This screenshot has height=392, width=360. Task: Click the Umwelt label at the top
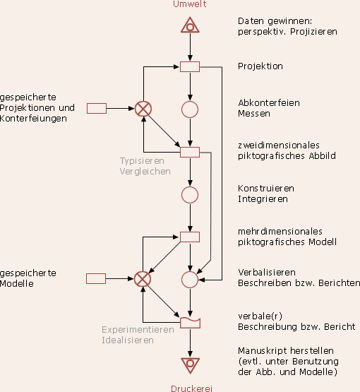[190, 4]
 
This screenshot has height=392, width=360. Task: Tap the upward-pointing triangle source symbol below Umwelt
[190, 25]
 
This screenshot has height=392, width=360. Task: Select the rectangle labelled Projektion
[190, 67]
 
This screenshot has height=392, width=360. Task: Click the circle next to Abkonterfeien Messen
[190, 109]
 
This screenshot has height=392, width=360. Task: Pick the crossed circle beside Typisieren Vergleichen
[143, 109]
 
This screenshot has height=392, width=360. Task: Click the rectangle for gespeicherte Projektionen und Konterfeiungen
[97, 109]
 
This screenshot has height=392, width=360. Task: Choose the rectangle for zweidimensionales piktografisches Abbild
[190, 152]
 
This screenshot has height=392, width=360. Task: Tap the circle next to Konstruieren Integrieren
[190, 195]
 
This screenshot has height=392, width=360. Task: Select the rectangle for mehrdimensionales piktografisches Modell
[190, 237]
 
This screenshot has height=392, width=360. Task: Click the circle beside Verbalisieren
[190, 280]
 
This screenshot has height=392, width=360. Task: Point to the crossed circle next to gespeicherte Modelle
[143, 279]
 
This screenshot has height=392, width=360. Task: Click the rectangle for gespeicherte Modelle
[96, 278]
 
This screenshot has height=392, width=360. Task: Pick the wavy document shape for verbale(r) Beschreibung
[190, 323]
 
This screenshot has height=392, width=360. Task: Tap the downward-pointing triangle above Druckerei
[190, 365]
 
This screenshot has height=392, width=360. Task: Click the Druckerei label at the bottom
[191, 388]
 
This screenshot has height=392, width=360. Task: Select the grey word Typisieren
[142, 161]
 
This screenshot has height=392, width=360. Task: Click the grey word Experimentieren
[138, 330]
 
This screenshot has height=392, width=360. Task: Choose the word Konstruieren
[266, 189]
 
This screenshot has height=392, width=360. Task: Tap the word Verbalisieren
[267, 272]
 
